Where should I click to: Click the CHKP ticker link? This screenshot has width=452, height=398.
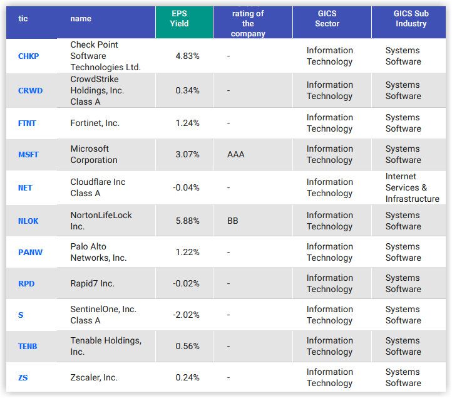(29, 56)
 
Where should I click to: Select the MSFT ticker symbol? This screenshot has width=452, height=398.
(29, 155)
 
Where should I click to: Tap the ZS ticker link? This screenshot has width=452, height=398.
(24, 378)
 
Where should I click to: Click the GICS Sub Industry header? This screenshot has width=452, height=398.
(411, 19)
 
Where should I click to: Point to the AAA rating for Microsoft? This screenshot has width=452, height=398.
(236, 154)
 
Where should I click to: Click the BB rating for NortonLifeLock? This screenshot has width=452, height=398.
(233, 221)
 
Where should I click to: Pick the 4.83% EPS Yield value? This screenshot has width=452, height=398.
(187, 56)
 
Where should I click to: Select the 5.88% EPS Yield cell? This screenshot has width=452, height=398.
(187, 221)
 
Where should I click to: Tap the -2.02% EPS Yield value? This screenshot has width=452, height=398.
(187, 315)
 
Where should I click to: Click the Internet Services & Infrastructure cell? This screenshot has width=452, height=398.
(412, 188)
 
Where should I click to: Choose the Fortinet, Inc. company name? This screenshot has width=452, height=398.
(95, 123)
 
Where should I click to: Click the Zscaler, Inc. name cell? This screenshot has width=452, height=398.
(94, 377)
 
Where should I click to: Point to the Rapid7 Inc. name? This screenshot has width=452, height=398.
(92, 283)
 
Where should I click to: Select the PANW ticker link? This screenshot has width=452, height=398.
(30, 253)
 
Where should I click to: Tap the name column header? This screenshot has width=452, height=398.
(81, 19)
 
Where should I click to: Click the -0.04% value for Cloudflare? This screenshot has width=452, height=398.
(187, 187)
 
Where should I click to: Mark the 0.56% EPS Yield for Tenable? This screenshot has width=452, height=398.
(187, 346)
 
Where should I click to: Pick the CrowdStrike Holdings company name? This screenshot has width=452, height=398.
(97, 90)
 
